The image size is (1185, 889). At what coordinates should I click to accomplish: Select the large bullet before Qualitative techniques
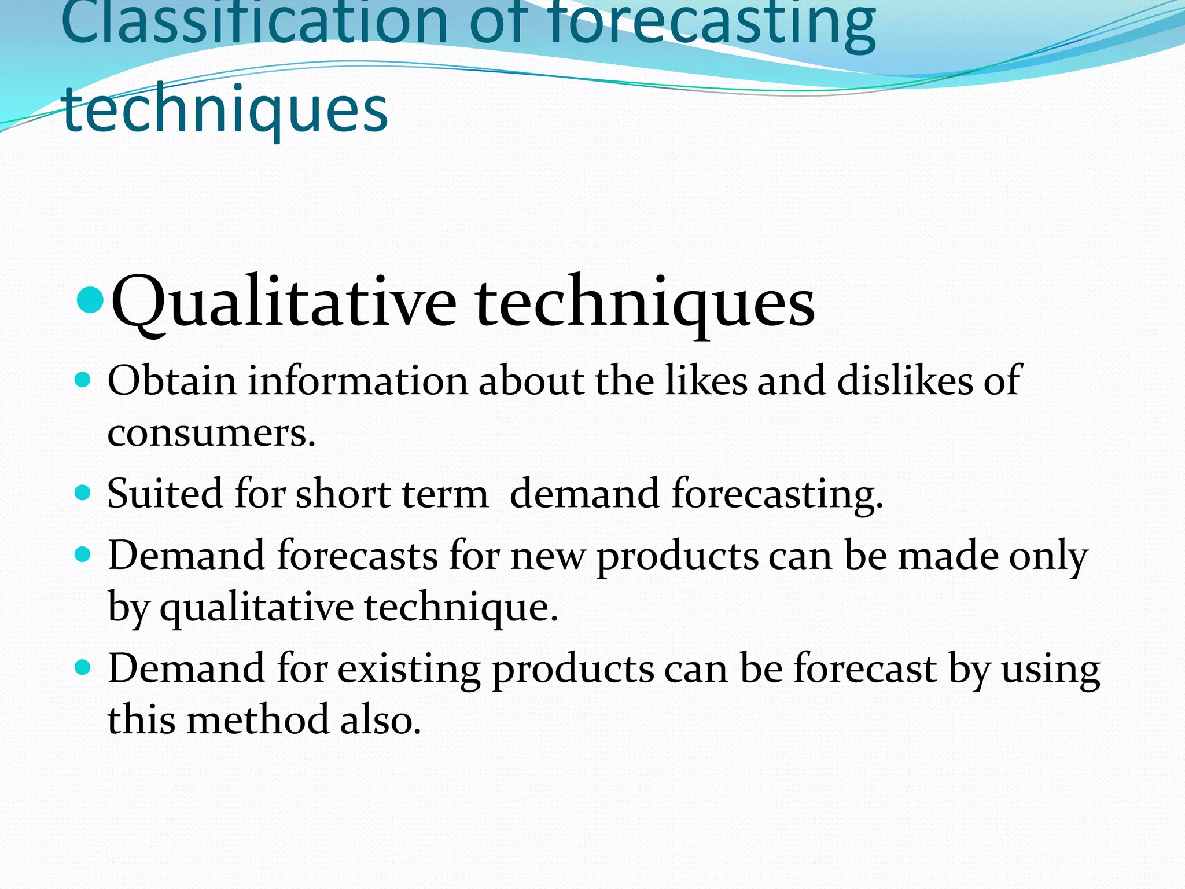click(90, 299)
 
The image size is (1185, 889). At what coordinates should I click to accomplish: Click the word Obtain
click(172, 381)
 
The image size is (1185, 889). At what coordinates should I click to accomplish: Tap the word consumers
click(211, 433)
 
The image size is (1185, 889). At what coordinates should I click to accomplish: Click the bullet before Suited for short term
click(83, 493)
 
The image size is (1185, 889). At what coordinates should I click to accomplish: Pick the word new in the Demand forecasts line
click(547, 556)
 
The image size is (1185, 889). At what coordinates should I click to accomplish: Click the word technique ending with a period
click(461, 608)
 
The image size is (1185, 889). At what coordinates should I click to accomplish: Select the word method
click(257, 720)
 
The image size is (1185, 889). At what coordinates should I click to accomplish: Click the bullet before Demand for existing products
click(83, 668)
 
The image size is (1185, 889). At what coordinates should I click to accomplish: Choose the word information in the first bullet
click(358, 381)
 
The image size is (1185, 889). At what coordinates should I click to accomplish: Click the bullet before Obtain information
click(83, 380)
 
